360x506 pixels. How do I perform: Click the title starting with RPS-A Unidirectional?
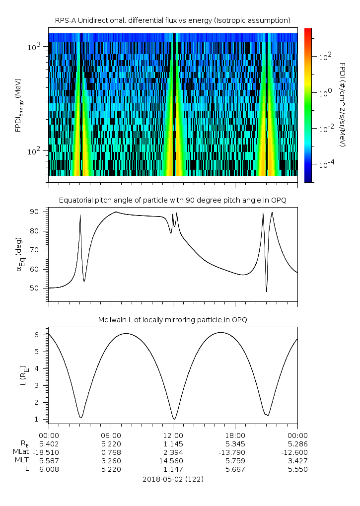172,20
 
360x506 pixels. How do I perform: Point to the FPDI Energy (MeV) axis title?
18,105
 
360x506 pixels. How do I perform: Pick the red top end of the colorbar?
308,30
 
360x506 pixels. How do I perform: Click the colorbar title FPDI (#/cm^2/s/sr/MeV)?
342,105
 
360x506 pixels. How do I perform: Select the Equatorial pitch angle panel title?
172,200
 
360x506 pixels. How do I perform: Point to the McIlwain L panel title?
172,320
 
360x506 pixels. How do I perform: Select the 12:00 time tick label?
173,434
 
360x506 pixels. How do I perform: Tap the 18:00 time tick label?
235,434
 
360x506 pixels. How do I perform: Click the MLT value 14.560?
173,460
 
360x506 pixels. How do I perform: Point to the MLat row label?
21,452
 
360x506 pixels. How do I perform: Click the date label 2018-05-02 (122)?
173,479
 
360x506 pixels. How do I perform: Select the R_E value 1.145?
173,443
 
